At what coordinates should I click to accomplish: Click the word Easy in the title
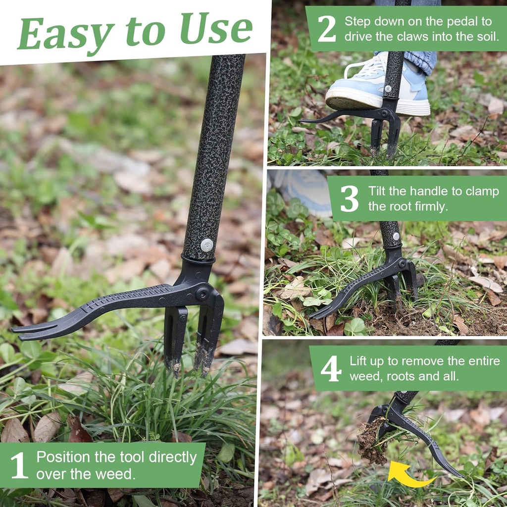(x=66, y=33)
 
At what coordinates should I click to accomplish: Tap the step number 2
(x=326, y=29)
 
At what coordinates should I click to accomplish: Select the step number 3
(x=349, y=199)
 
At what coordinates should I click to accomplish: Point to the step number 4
(x=331, y=368)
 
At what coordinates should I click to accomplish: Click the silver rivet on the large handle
(x=207, y=245)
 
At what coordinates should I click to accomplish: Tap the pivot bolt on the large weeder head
(x=202, y=294)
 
